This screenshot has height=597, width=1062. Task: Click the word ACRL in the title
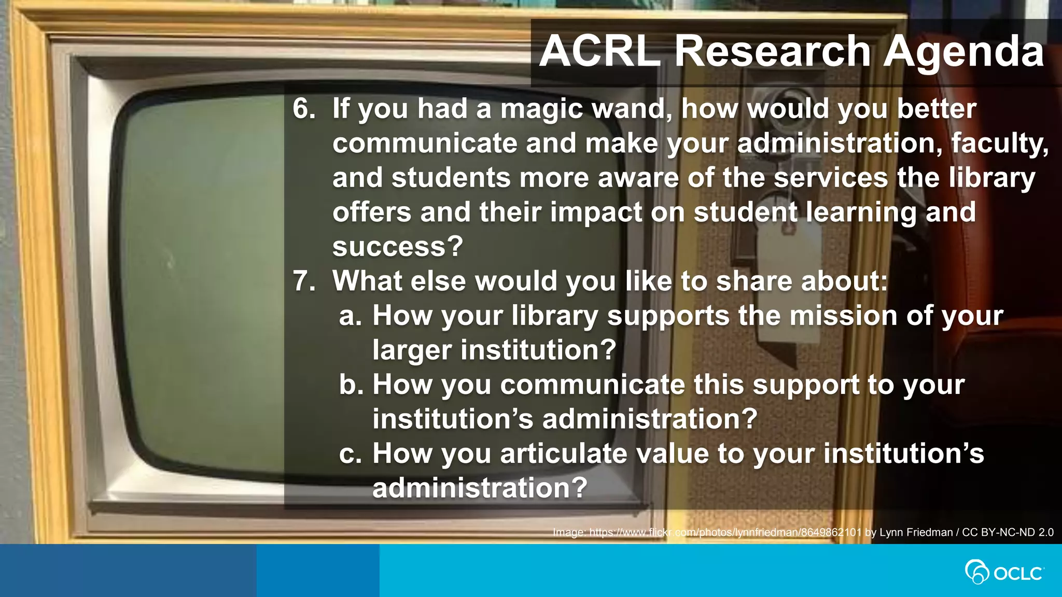click(x=599, y=51)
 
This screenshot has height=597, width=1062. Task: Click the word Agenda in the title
click(x=963, y=51)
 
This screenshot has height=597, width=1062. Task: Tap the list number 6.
click(x=303, y=109)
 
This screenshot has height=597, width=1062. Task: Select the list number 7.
click(x=303, y=281)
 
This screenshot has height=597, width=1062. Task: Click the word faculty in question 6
click(x=999, y=144)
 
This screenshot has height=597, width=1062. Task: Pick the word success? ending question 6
click(x=397, y=247)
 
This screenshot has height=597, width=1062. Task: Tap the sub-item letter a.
click(x=350, y=316)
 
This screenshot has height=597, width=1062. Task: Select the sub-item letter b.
click(x=351, y=385)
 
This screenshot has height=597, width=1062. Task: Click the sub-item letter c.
click(x=350, y=454)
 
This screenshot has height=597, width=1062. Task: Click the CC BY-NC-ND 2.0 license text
click(x=1008, y=532)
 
